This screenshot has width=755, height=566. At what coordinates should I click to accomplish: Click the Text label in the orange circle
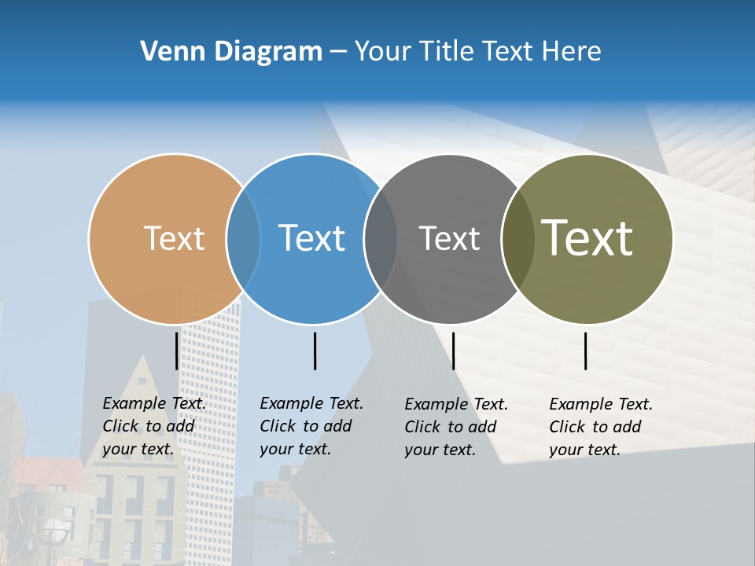[174, 238]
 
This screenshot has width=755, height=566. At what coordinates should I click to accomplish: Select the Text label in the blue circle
[311, 238]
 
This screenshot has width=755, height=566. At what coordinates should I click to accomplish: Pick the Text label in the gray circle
[449, 238]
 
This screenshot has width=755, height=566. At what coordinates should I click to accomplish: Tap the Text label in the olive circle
[587, 238]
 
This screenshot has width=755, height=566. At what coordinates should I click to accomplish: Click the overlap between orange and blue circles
[243, 238]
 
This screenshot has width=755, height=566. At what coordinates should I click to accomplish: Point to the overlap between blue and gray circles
[381, 238]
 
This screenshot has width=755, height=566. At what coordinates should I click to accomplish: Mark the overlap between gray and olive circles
[517, 238]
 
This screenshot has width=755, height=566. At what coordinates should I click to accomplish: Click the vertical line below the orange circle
[176, 351]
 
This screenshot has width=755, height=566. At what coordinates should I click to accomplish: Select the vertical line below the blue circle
[315, 351]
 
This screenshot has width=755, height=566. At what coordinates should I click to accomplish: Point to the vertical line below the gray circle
[453, 351]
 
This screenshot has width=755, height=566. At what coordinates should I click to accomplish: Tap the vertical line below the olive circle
[585, 351]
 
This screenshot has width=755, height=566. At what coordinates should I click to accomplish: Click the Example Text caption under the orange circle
[154, 426]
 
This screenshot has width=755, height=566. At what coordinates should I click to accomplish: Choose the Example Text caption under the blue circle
[311, 426]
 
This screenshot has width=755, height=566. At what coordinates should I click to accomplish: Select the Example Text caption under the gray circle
[456, 427]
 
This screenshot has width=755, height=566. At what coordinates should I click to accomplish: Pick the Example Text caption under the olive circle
[601, 427]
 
